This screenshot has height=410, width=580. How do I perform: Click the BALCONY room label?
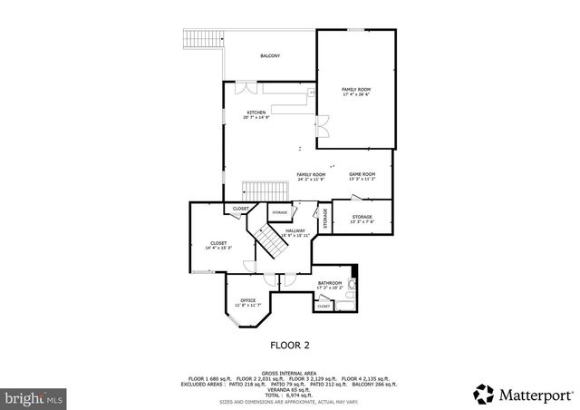(270, 56)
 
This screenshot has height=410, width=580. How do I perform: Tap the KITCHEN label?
(256, 112)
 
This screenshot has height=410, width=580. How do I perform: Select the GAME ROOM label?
(362, 174)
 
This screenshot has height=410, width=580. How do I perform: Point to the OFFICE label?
(247, 300)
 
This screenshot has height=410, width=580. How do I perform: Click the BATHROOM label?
(330, 283)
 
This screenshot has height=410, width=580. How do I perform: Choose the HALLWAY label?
(295, 230)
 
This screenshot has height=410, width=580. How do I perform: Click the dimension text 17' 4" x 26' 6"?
(356, 94)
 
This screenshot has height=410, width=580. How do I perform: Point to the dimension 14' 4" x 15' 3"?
(218, 248)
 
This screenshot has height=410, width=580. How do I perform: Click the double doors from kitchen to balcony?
(245, 89)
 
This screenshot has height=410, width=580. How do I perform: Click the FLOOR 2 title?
(291, 345)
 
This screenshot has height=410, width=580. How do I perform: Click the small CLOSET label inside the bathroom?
(324, 307)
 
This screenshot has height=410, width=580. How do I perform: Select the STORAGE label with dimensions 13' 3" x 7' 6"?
(362, 220)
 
